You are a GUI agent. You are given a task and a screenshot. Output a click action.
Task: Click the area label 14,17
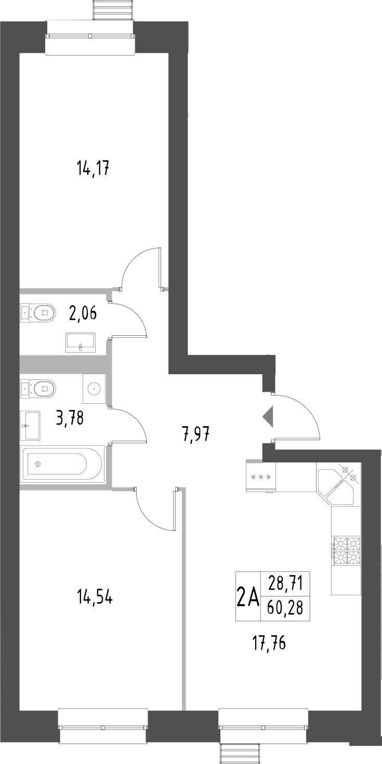(92, 169)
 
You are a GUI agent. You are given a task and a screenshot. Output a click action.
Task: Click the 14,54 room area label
(95, 597)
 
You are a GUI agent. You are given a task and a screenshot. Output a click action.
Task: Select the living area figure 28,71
(285, 583)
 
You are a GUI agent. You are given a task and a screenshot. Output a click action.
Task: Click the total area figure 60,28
(285, 607)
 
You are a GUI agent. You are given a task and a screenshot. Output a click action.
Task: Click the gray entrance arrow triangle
(268, 417)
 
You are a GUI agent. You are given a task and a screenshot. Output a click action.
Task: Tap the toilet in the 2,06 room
(38, 312)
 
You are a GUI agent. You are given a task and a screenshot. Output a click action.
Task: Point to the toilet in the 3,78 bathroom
(38, 388)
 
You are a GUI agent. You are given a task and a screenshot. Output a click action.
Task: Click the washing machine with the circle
(94, 388)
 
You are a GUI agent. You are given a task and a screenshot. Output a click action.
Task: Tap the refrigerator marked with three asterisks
(261, 476)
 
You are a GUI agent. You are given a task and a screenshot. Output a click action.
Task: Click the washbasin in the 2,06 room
(81, 343)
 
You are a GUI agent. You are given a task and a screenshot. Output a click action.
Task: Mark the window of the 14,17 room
(90, 36)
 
